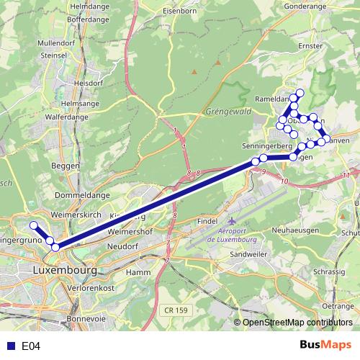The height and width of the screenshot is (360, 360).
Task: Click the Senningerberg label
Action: [x=266, y=145]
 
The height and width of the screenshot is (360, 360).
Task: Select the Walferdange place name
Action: [x=70, y=114]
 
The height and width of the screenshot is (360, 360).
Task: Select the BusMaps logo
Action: [x=325, y=346]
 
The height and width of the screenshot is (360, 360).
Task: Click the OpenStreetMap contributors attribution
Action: [x=296, y=323]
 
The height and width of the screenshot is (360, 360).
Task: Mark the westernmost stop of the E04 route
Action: [x=33, y=225]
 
